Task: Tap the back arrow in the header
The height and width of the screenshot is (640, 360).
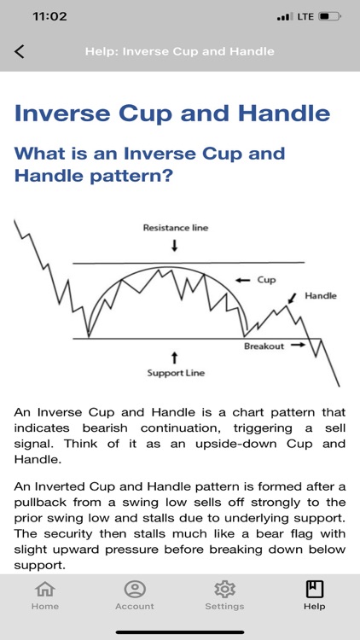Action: pyautogui.click(x=20, y=51)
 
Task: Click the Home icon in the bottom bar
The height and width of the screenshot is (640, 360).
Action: pyautogui.click(x=45, y=589)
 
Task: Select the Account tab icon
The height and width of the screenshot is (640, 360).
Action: pyautogui.click(x=135, y=589)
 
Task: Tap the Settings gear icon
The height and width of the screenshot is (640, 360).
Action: pyautogui.click(x=224, y=589)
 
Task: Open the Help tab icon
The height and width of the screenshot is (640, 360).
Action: pyautogui.click(x=314, y=589)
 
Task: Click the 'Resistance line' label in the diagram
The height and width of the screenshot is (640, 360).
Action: pyautogui.click(x=175, y=228)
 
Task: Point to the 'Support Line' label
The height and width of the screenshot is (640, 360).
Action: pyautogui.click(x=175, y=373)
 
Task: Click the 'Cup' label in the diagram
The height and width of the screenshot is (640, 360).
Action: pyautogui.click(x=266, y=279)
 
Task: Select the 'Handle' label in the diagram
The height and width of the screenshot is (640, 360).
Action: pyautogui.click(x=321, y=296)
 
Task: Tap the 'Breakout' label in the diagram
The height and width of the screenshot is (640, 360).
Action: pyautogui.click(x=264, y=346)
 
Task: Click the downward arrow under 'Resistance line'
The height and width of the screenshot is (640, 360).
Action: pyautogui.click(x=175, y=246)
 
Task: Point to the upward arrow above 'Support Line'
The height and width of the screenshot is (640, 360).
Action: pyautogui.click(x=175, y=356)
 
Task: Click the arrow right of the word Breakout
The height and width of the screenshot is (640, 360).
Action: pyautogui.click(x=297, y=346)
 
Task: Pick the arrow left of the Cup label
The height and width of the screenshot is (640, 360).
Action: pyautogui.click(x=242, y=279)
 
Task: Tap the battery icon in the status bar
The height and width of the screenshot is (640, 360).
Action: pyautogui.click(x=329, y=16)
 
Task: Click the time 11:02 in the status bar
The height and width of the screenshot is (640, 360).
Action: pyautogui.click(x=49, y=16)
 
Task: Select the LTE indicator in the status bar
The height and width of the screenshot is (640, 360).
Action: pyautogui.click(x=304, y=16)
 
